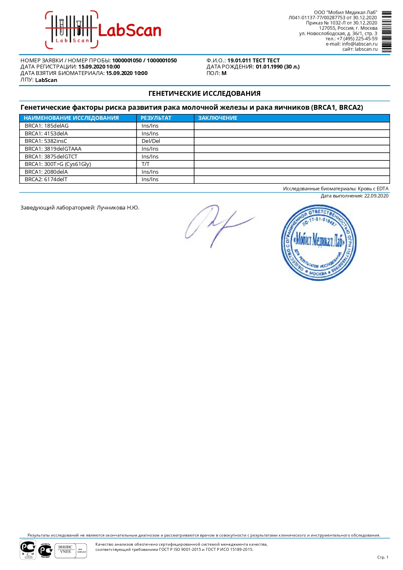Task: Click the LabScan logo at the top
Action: (103, 30)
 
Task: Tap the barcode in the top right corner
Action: (386, 32)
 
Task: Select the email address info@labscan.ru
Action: (359, 44)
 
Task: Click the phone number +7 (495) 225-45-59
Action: (357, 39)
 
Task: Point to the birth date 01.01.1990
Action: (269, 67)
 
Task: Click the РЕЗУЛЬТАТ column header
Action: (156, 118)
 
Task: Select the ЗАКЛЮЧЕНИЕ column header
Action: (218, 118)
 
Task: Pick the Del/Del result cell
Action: (151, 141)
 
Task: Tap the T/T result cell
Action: (145, 164)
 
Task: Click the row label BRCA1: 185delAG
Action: (46, 126)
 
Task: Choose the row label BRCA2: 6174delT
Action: (46, 179)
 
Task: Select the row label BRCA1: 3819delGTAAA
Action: (53, 149)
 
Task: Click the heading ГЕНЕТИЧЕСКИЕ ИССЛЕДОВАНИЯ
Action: (204, 94)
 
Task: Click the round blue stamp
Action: (318, 242)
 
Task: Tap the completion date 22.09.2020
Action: (376, 196)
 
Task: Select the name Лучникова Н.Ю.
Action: (118, 208)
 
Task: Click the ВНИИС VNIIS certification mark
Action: (70, 551)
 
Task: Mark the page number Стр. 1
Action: (383, 557)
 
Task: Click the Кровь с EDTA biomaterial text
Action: (373, 189)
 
